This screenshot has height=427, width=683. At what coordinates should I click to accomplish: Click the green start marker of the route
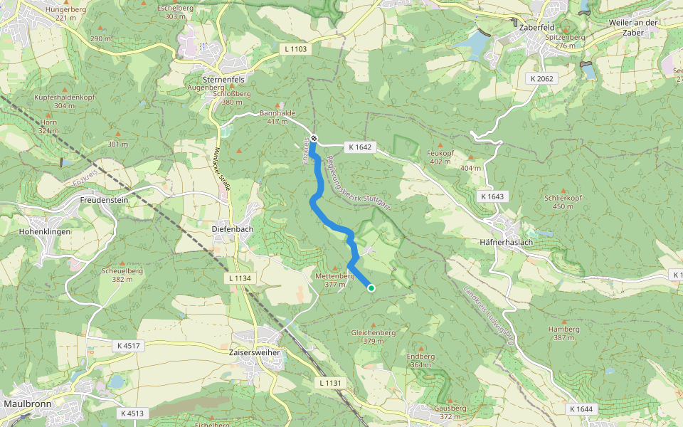click(371, 288)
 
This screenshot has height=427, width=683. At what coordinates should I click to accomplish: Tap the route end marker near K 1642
click(314, 138)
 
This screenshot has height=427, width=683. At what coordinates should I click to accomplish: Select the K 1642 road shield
click(359, 147)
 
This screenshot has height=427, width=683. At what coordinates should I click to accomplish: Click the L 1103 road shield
click(295, 49)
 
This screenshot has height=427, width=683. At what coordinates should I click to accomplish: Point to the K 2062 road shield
click(542, 78)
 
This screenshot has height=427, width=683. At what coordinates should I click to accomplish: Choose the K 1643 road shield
click(492, 196)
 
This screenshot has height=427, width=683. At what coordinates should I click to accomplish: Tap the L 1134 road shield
click(242, 278)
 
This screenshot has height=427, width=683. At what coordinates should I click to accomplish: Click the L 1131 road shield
click(330, 383)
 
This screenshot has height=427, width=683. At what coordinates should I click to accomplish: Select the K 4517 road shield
click(128, 345)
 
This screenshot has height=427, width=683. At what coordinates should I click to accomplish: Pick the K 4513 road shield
click(132, 413)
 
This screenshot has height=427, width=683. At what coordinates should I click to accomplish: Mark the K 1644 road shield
click(581, 409)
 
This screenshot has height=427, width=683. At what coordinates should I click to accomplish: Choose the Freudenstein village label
click(103, 200)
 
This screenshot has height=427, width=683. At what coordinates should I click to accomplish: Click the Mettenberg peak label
click(335, 275)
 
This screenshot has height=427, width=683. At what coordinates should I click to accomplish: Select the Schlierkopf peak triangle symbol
click(563, 191)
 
